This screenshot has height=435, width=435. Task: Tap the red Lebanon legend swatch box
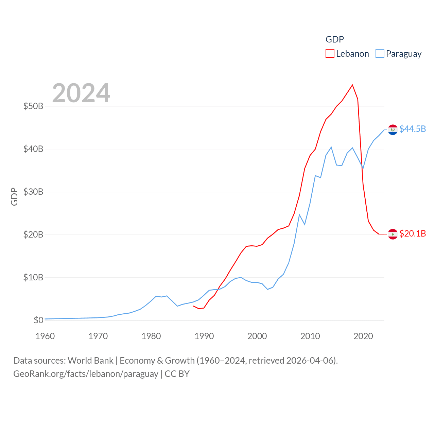330,54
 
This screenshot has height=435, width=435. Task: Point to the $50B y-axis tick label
33,106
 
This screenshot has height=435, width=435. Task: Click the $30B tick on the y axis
33,192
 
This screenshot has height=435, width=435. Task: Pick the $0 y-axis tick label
38,320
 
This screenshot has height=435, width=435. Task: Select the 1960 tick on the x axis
45,336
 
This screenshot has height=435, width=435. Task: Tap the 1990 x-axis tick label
204,336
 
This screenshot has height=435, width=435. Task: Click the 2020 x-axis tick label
363,336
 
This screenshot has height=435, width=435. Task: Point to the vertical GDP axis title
14,196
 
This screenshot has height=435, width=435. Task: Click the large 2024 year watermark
81,93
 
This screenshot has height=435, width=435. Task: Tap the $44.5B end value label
413,129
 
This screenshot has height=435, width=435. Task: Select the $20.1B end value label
413,233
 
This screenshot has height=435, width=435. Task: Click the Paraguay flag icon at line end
393,129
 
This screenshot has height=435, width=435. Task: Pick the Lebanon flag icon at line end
393,234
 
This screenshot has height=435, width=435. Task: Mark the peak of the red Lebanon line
352,85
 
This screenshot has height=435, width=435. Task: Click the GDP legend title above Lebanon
335,39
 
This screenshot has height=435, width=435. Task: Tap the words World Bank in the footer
90,360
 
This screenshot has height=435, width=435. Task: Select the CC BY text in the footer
177,374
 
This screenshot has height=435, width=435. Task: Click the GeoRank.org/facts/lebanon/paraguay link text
86,374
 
